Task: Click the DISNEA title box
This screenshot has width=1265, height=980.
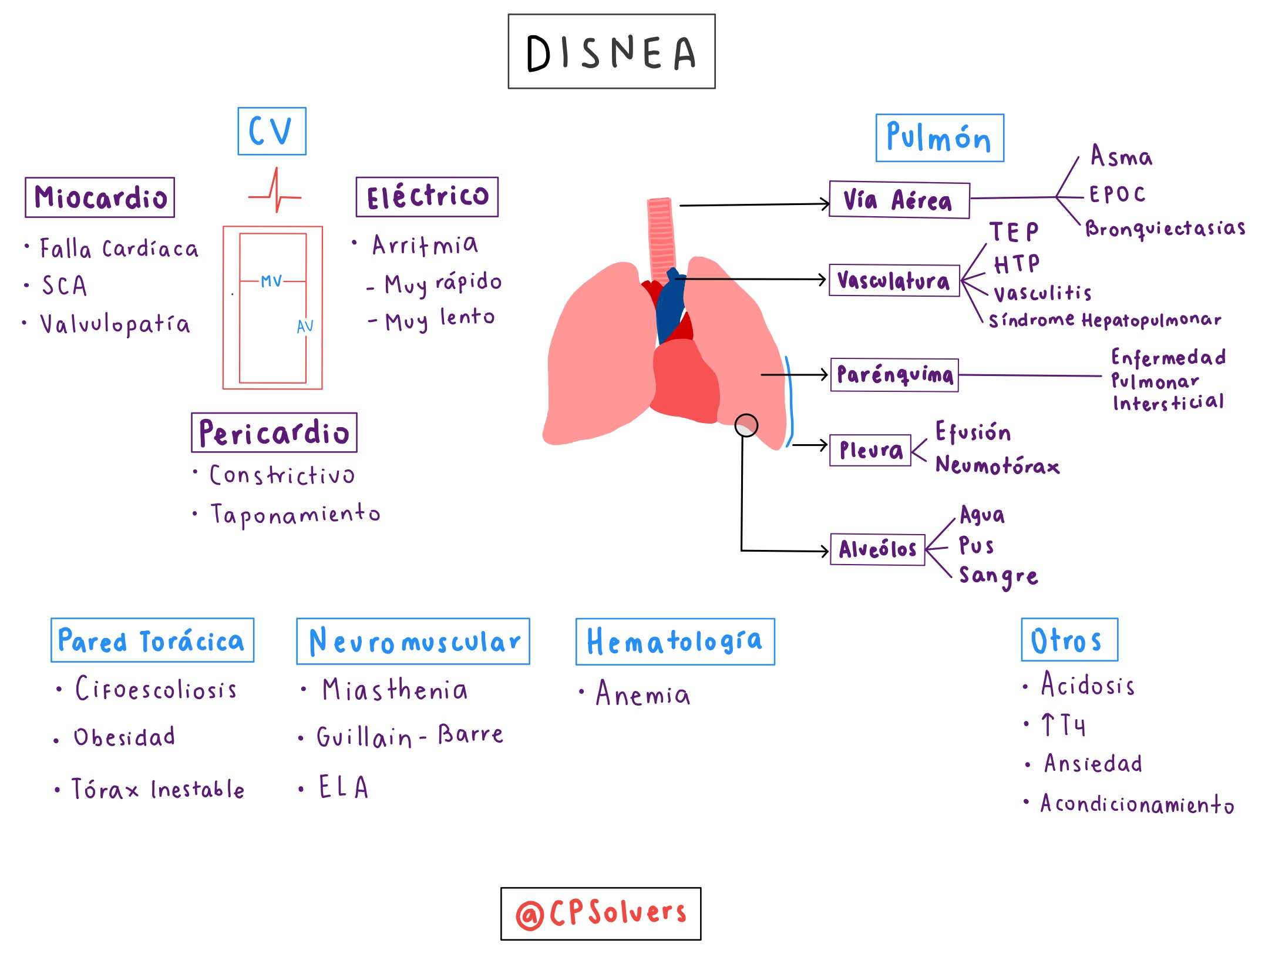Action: pos(611,52)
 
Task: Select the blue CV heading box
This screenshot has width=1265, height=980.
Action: pos(271,131)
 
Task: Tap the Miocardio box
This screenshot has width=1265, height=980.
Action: pos(100,197)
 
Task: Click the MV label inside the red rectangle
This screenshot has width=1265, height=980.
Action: pos(271,281)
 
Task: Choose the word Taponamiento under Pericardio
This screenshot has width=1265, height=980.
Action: pos(295,515)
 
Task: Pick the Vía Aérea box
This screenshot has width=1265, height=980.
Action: pos(899,200)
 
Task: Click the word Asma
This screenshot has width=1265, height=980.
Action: pos(1121,156)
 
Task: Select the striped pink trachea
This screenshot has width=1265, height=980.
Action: pos(661,238)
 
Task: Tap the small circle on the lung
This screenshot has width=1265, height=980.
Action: pos(746,425)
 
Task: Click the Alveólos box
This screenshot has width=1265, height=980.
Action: pos(877,549)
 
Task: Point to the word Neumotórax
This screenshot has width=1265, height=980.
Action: pos(997,465)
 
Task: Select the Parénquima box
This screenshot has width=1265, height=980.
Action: pos(894,375)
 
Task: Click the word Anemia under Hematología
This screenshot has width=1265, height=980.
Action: pos(643,694)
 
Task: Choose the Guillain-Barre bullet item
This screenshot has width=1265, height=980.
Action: pos(409,736)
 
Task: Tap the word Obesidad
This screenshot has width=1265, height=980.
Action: pos(125,737)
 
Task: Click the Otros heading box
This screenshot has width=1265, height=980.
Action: pos(1069,640)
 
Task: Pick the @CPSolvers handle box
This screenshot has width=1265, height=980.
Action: pos(600,914)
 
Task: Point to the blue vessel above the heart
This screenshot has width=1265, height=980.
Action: pos(670,306)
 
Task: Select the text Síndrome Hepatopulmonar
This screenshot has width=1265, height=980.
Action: pos(1104,320)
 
